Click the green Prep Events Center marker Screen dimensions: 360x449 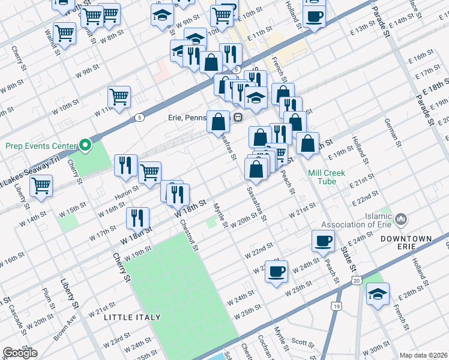(x=85, y=145)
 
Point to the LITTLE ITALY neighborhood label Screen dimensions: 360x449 (x=132, y=317)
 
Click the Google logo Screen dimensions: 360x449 (x=19, y=353)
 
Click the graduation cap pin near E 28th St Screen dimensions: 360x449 (x=378, y=294)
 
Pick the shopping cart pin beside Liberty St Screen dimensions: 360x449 (x=41, y=186)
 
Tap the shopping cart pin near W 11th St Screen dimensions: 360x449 (x=119, y=96)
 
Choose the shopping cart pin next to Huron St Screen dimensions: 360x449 (x=149, y=172)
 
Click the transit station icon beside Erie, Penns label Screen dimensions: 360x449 (x=238, y=118)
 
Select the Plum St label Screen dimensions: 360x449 (x=46, y=296)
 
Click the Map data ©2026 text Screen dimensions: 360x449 (x=423, y=355)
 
